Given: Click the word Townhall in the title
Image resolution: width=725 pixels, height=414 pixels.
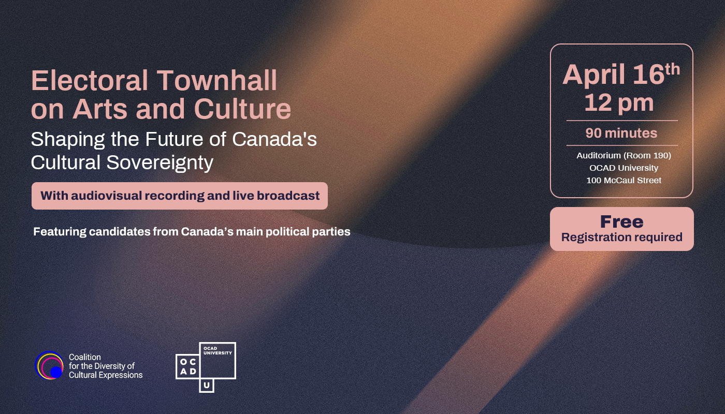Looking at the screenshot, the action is point(217,80).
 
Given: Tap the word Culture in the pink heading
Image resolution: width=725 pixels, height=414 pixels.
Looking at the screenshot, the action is point(242,109).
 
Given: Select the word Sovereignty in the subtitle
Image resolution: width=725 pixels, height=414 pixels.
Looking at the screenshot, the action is point(160,162).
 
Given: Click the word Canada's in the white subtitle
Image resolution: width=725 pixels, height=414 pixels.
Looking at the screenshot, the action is point(274,139).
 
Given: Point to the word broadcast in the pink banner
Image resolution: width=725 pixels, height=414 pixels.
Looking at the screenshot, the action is point(288,196).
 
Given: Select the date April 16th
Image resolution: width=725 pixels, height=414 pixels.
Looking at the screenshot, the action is point(621,74).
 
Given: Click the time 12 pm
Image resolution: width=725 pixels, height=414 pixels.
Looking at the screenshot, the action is point(619,103).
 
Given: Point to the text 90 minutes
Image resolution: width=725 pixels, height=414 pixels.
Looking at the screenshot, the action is point(621,134).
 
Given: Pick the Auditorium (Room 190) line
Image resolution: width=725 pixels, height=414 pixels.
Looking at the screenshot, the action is point(624,156).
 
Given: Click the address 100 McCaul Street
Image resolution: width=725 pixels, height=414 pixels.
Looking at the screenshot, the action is point(624,180).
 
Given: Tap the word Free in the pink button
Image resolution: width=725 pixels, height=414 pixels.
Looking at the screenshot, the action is point(622,222).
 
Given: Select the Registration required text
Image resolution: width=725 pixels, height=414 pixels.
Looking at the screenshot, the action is point(622,237).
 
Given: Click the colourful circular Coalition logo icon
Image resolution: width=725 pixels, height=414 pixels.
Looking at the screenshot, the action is point(50,365).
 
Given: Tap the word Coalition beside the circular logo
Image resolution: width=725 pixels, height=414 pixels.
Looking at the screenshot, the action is point(85,357).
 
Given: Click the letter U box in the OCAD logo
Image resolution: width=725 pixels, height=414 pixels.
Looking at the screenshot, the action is point(207,385).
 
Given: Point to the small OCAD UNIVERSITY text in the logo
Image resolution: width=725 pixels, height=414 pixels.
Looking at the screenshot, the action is point(218,351).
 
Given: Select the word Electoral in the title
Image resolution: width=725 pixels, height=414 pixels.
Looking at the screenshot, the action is point(90,80).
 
